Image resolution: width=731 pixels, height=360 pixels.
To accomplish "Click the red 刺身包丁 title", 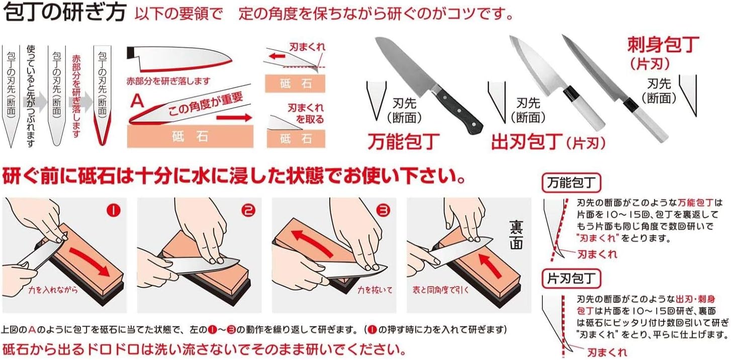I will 663,46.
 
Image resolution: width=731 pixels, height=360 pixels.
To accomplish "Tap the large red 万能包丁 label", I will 404,141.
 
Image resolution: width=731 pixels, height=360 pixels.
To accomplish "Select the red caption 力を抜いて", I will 375,290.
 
